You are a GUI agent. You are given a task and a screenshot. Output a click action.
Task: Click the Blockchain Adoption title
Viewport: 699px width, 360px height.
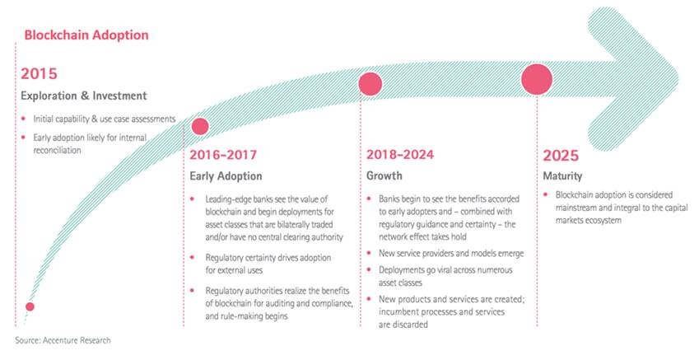pyautogui.click(x=86, y=35)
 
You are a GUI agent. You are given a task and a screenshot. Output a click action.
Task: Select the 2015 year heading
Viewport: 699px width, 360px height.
pyautogui.click(x=39, y=73)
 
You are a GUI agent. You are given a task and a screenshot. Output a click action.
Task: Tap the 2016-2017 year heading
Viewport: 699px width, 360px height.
pyautogui.click(x=223, y=155)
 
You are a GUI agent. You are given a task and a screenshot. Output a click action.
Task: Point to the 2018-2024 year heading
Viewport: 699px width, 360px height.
pyautogui.click(x=400, y=154)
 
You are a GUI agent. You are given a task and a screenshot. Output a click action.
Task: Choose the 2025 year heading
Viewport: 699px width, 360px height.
pyautogui.click(x=561, y=156)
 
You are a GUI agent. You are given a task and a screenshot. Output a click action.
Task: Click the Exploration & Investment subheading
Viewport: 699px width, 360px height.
pyautogui.click(x=84, y=96)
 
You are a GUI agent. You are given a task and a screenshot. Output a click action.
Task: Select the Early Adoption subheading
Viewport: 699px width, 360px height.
pyautogui.click(x=226, y=176)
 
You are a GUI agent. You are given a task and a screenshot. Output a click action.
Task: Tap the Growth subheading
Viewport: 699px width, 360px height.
pyautogui.click(x=384, y=175)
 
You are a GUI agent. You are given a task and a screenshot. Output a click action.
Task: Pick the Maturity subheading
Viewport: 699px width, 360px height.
pyautogui.click(x=562, y=176)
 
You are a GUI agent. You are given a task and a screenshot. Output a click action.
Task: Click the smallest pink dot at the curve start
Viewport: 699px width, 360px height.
pyautogui.click(x=30, y=306)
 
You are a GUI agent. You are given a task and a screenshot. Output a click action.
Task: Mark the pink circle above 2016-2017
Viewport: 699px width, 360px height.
pyautogui.click(x=200, y=126)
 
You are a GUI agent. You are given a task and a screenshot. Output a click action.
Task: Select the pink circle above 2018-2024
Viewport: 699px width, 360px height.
pyautogui.click(x=370, y=84)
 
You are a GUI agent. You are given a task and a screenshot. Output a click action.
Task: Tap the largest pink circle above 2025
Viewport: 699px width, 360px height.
pyautogui.click(x=537, y=79)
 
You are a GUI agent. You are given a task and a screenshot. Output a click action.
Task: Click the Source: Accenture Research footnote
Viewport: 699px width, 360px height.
pyautogui.click(x=63, y=340)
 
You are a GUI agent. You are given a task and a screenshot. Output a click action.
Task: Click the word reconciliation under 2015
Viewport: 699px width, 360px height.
pyautogui.click(x=57, y=150)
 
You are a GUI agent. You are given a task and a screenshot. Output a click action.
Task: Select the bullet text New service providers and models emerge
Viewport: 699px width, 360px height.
pyautogui.click(x=451, y=254)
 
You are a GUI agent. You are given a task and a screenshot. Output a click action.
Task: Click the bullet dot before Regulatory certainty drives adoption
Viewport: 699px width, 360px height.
pyautogui.click(x=192, y=257)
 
